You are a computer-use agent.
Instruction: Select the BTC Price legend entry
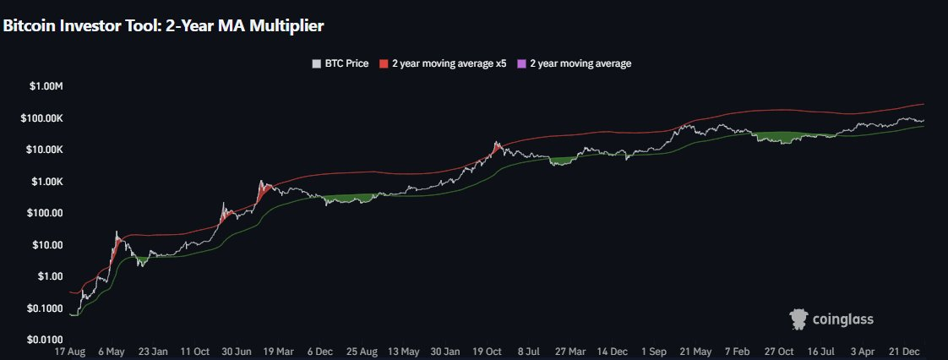tap(341, 63)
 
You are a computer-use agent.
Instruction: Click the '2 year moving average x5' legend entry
tap(444, 63)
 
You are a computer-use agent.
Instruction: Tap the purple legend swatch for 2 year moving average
tap(521, 63)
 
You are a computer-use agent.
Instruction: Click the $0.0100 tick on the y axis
tap(46, 340)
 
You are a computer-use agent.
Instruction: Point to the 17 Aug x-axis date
tap(70, 351)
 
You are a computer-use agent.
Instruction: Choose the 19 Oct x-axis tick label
tap(487, 351)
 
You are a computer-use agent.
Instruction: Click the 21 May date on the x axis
tap(695, 351)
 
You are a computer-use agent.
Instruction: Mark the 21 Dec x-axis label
tap(904, 351)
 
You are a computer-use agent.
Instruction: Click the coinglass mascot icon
tap(799, 319)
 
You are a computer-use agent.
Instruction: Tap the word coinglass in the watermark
tap(842, 319)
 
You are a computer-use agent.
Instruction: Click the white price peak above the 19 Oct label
tap(496, 143)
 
